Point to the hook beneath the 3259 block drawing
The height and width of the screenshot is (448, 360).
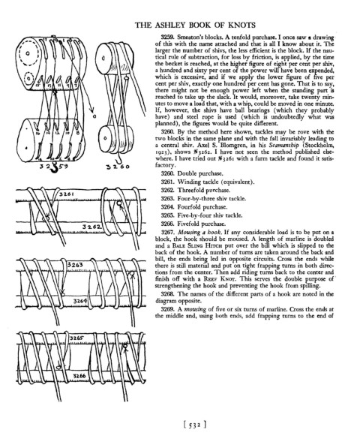pyautogui.click(x=54, y=167)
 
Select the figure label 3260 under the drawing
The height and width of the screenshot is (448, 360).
pyautogui.click(x=118, y=167)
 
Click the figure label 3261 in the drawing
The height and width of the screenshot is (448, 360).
pyautogui.click(x=67, y=194)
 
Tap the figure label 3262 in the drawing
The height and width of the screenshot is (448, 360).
pyautogui.click(x=91, y=227)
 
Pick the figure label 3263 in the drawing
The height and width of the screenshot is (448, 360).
pyautogui.click(x=76, y=265)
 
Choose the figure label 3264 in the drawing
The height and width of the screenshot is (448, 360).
pyautogui.click(x=80, y=301)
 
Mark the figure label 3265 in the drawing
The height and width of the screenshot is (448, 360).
pyautogui.click(x=76, y=338)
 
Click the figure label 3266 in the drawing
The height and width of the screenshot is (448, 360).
pyautogui.click(x=79, y=376)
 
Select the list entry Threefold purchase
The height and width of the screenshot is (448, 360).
pyautogui.click(x=203, y=191)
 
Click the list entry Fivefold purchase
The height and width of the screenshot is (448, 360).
pyautogui.click(x=201, y=224)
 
